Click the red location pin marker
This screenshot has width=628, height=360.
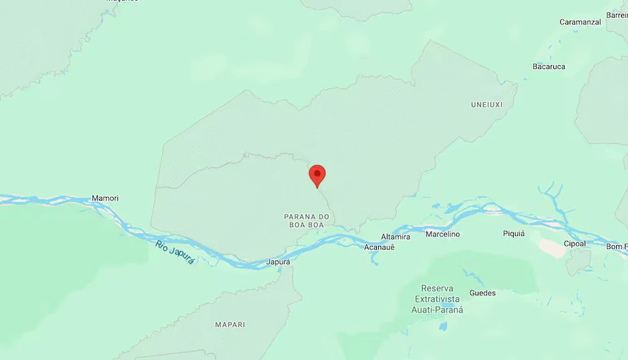coord(317,176)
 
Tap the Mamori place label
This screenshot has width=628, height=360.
coord(105,198)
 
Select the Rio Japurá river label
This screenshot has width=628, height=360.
coord(175,252)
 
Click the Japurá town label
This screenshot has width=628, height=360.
coord(278,262)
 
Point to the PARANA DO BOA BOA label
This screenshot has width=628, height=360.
coord(307,221)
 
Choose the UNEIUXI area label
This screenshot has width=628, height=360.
coord(486,105)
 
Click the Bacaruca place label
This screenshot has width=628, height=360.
coord(548,67)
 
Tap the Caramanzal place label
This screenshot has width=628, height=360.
coord(580,22)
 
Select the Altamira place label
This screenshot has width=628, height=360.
coord(396,237)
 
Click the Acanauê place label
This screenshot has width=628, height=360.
coord(379,247)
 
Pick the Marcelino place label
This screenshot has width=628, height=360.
coord(442,234)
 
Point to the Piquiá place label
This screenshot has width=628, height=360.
coord(514,234)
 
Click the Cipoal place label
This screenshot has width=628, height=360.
coord(575,244)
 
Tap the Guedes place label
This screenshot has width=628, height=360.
coord(482,293)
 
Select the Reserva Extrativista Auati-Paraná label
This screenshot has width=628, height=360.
coord(438,299)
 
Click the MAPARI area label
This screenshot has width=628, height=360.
coord(230,325)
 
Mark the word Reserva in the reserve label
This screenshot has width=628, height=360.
coord(438,288)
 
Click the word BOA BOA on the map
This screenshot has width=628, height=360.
coord(307,226)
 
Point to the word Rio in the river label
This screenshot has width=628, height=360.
coord(161,245)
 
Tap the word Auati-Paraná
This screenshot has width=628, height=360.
coord(438,310)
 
